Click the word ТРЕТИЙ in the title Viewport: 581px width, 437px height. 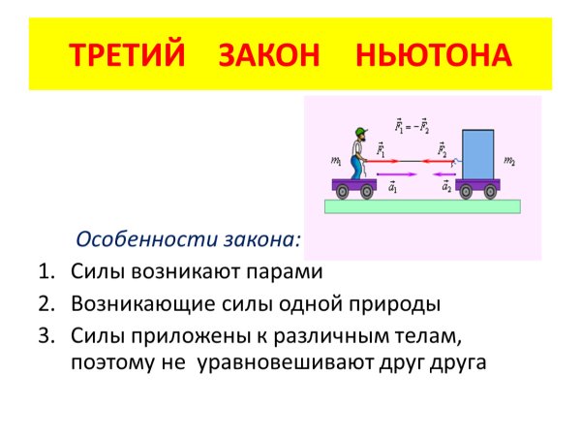tap(126, 53)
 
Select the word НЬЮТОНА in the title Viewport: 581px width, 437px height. tap(433, 53)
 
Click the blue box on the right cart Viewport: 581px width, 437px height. tap(478, 153)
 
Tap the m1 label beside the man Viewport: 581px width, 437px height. tap(336, 159)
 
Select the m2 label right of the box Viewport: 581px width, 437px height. tap(511, 159)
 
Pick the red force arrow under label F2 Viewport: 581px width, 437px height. tap(445, 162)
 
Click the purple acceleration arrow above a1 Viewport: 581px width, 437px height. tap(400, 174)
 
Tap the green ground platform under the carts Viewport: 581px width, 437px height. tap(422, 205)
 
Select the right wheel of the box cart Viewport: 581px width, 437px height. tap(493, 192)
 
